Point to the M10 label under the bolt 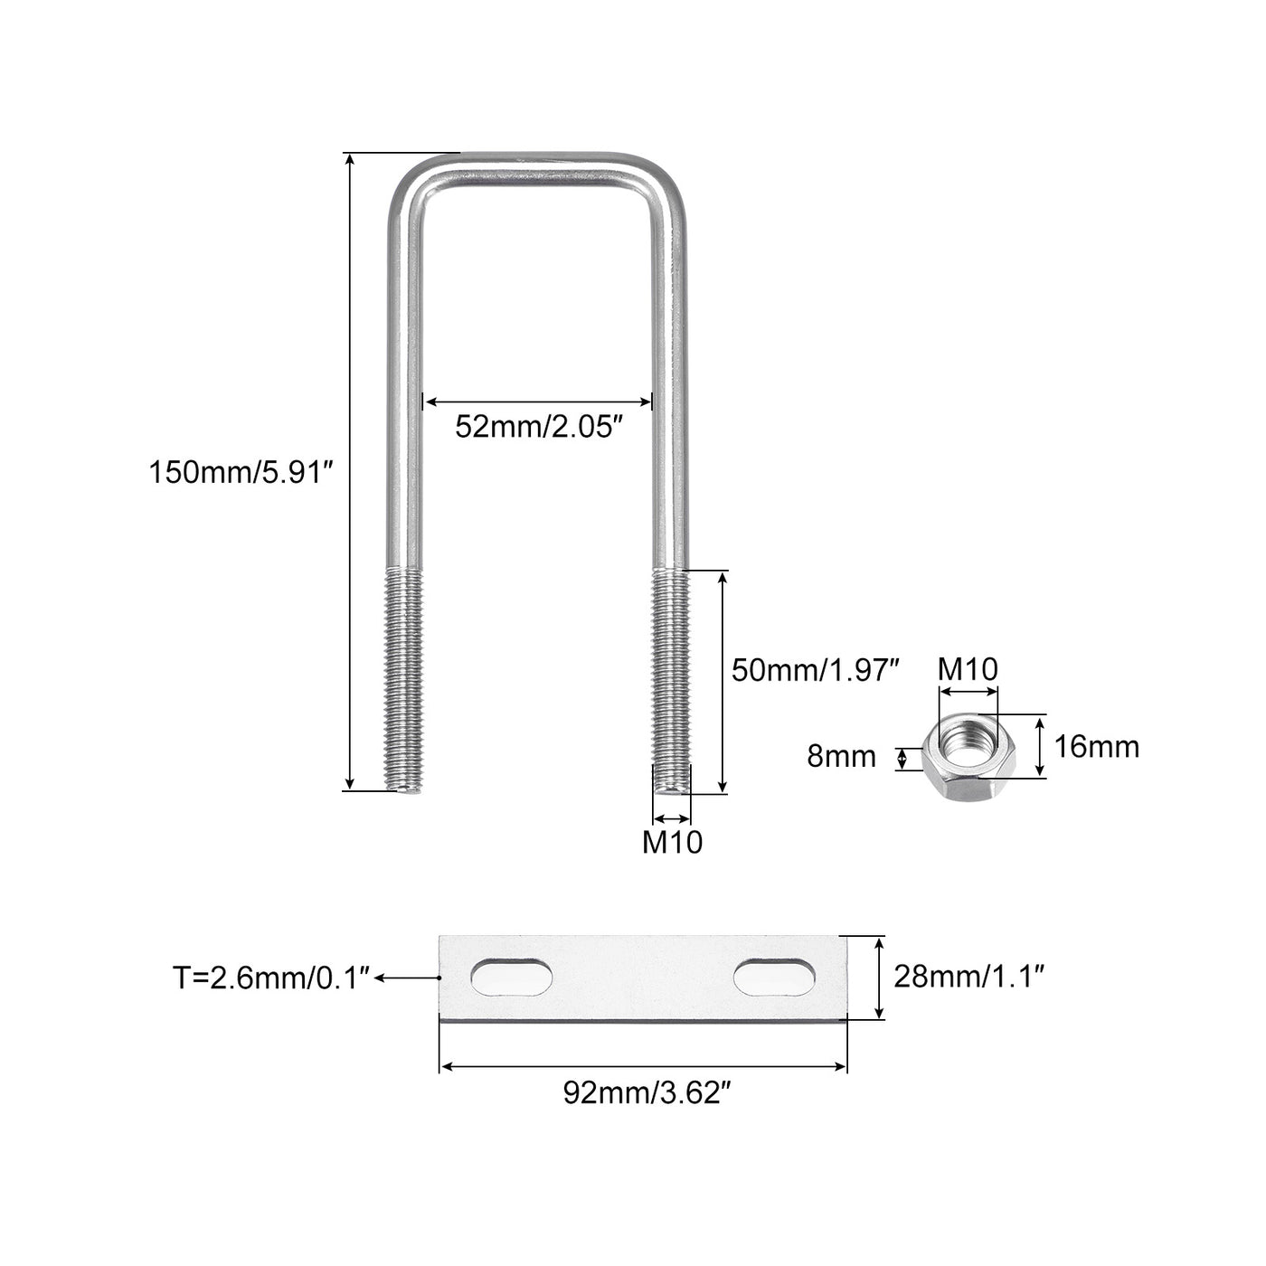[x=672, y=843]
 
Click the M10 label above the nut [x=968, y=669]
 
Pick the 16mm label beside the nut [x=1097, y=747]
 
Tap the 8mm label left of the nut [x=841, y=756]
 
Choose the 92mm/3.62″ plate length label [x=647, y=1091]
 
